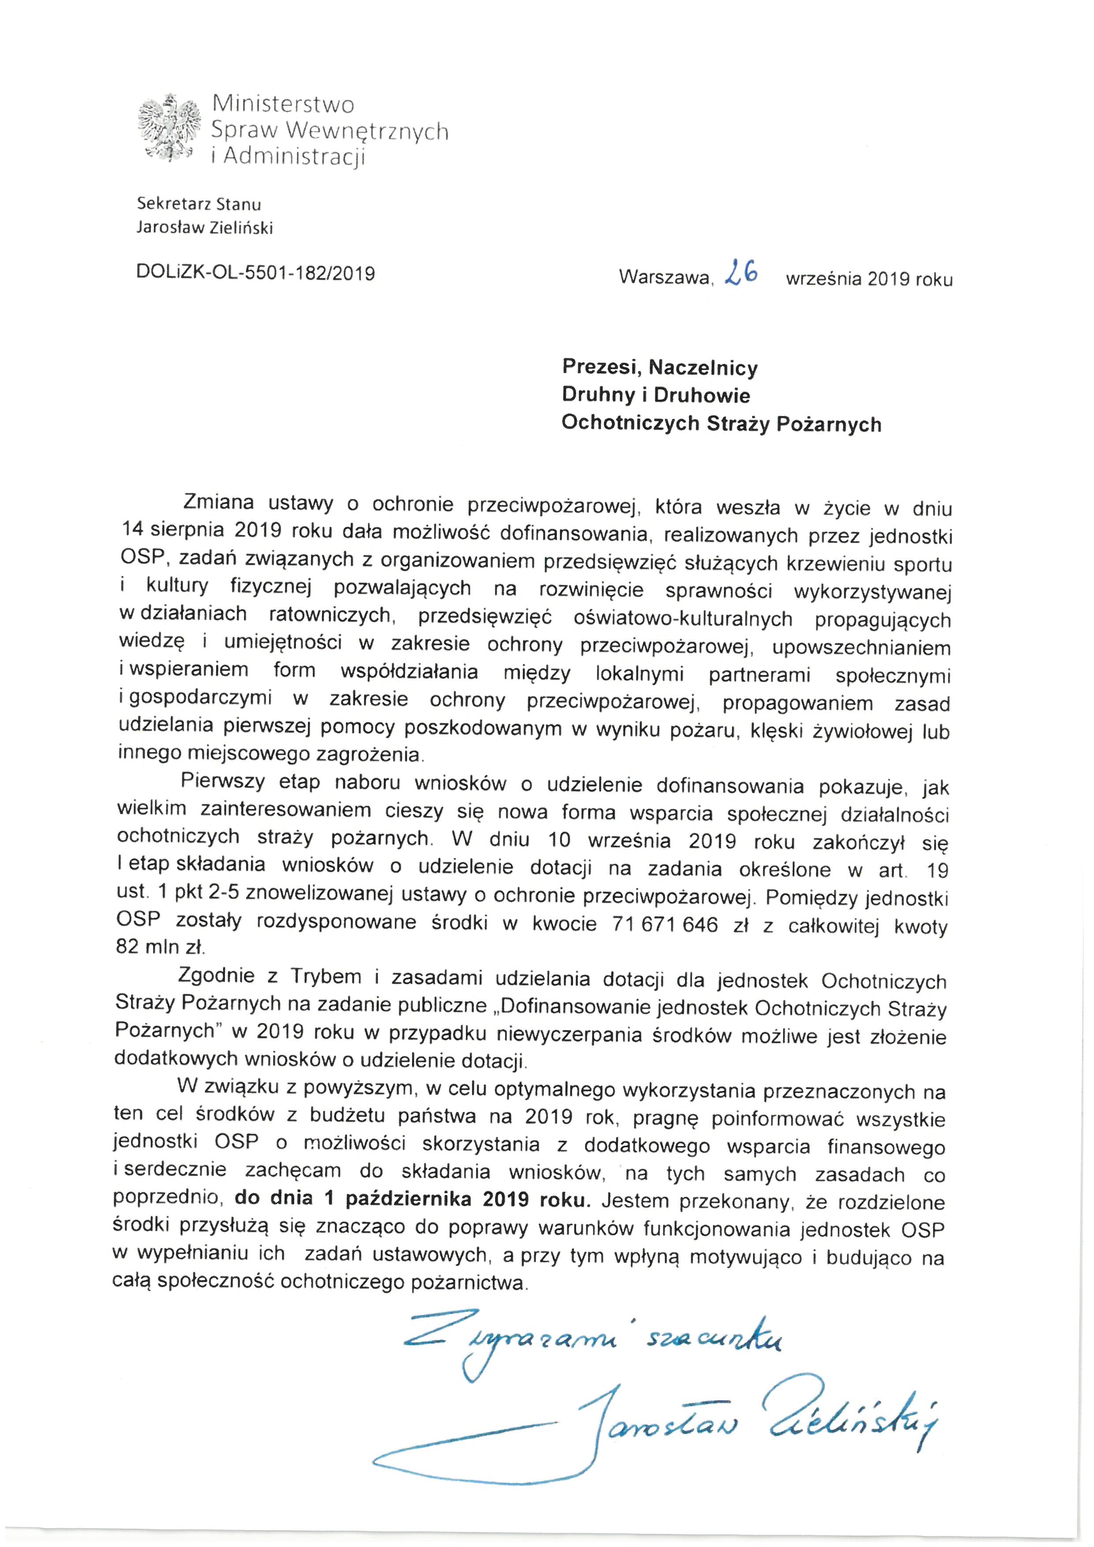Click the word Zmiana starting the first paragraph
[217, 502]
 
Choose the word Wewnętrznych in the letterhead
[367, 130]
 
